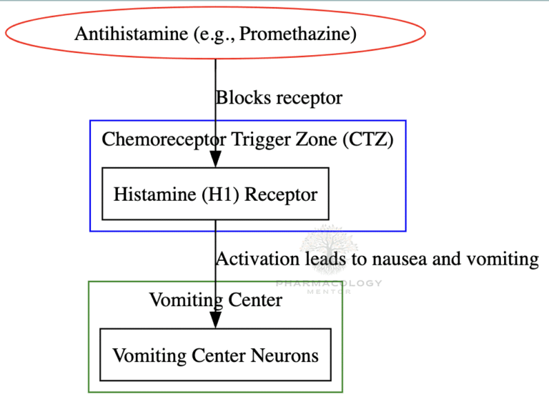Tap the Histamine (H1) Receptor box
(x=215, y=194)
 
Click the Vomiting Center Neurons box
(x=215, y=355)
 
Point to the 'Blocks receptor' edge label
(x=279, y=97)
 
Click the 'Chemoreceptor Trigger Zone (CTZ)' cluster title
(x=247, y=139)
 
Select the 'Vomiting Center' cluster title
(x=215, y=300)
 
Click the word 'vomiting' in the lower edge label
(x=503, y=259)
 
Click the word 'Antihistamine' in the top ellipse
(x=125, y=33)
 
